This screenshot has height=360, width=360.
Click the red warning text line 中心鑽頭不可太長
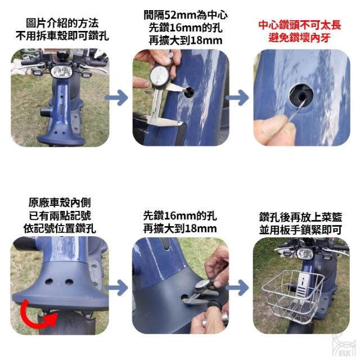[x=300, y=25]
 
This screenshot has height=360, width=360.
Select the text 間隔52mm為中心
[x=186, y=15]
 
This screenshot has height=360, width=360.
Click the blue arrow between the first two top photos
[x=116, y=98]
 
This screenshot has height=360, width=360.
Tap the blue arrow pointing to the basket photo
[x=237, y=287]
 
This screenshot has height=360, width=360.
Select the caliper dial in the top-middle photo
[x=160, y=76]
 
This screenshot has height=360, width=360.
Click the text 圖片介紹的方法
[x=62, y=23]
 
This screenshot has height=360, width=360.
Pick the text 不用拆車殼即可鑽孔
[x=62, y=36]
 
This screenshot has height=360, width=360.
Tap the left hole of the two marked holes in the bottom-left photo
[x=49, y=281]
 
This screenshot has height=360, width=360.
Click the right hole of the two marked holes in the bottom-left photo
[x=69, y=282]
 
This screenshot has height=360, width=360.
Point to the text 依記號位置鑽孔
[x=60, y=228]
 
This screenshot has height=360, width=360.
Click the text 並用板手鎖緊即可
[x=301, y=230]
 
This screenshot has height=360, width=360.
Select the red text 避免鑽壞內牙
[x=300, y=38]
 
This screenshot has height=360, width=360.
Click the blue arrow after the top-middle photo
[x=237, y=98]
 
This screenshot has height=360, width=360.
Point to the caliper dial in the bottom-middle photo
[x=202, y=285]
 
